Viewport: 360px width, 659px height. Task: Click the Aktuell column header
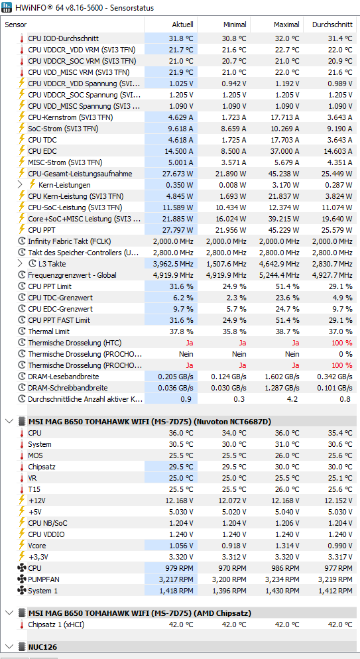pyautogui.click(x=182, y=25)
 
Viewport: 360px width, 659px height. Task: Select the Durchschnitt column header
pyautogui.click(x=332, y=25)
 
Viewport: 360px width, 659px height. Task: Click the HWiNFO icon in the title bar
pyautogui.click(x=7, y=7)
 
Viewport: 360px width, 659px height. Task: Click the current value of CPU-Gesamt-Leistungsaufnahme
pyautogui.click(x=178, y=174)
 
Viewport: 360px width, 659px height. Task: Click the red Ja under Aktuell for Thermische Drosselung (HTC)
pyautogui.click(x=190, y=343)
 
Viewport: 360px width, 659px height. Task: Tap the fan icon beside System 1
pyautogui.click(x=22, y=591)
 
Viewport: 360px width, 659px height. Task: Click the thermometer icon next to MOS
pyautogui.click(x=22, y=455)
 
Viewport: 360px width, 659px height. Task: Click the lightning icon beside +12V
pyautogui.click(x=22, y=501)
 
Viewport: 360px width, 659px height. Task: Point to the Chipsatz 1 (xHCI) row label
pyautogui.click(x=56, y=625)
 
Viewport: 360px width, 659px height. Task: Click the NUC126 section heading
pyautogui.click(x=42, y=646)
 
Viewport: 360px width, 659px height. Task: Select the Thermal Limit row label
pyautogui.click(x=48, y=331)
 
